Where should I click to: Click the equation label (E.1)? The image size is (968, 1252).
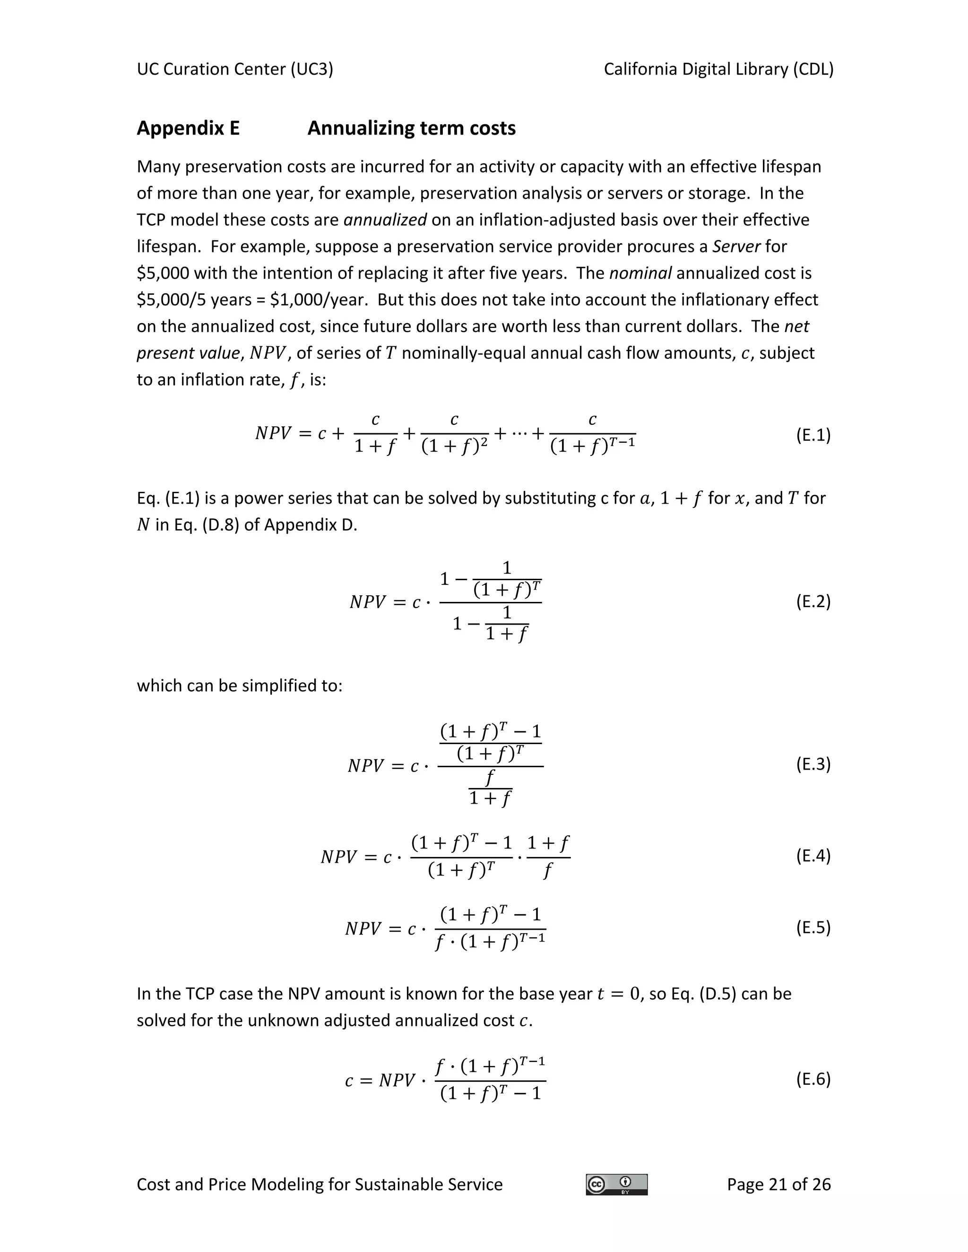[x=812, y=435]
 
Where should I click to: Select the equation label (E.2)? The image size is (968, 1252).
[x=812, y=601]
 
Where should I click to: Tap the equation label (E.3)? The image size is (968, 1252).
[x=812, y=763]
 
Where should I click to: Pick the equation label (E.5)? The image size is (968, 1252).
[x=812, y=927]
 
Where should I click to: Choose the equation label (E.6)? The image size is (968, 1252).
[x=812, y=1079]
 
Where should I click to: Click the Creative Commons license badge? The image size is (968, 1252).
[x=616, y=1184]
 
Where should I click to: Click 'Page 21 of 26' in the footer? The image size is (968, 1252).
[x=778, y=1184]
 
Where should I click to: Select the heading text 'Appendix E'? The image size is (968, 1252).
[x=188, y=128]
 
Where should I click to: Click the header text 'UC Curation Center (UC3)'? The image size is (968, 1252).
[x=234, y=69]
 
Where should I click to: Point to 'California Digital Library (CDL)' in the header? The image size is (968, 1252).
[x=718, y=69]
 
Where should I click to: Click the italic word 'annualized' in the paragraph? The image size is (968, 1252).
[x=385, y=220]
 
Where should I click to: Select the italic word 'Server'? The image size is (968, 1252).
[x=736, y=247]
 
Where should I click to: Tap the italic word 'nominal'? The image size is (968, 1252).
[x=640, y=274]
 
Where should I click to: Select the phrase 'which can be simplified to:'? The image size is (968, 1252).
[x=239, y=686]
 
